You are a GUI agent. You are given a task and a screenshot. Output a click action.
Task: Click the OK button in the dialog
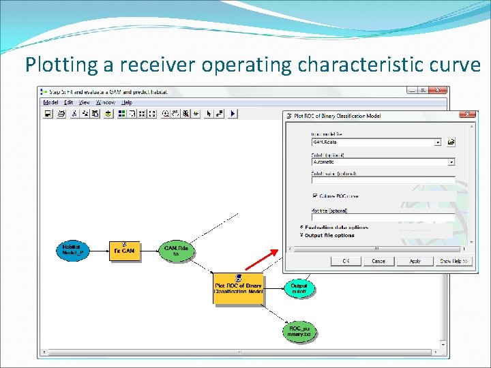point(346,261)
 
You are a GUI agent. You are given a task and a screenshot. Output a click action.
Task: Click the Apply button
point(415,261)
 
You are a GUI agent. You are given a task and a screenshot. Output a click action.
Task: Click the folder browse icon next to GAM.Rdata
point(451,142)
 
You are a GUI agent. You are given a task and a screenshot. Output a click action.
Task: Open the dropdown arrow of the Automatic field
point(451,162)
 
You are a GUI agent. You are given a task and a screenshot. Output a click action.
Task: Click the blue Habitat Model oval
point(72,250)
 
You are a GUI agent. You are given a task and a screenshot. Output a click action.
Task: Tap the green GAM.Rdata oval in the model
point(176,251)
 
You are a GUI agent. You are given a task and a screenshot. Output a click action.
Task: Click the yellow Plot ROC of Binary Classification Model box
point(238,288)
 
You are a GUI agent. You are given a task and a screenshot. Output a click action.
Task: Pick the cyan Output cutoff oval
point(299,288)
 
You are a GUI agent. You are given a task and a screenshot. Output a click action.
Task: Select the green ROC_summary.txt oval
point(299,332)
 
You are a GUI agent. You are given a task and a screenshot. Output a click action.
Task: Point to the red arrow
point(262,260)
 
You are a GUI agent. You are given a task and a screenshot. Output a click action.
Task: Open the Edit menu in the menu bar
point(68,102)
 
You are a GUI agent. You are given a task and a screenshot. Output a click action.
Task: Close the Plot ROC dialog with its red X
point(468,114)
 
